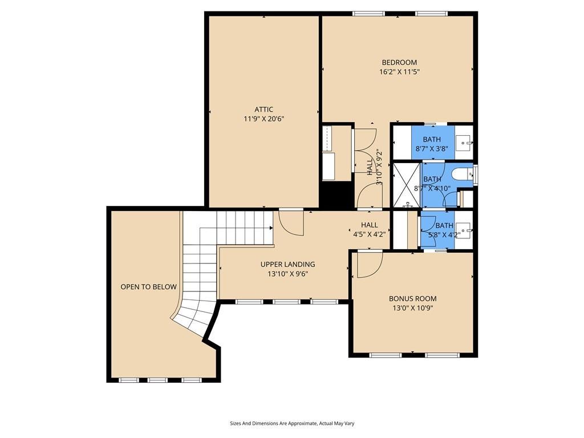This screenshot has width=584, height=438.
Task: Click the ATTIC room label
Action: [x=263, y=109]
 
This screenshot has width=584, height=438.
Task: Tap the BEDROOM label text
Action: [x=399, y=63]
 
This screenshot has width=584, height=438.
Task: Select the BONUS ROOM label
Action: [x=412, y=298]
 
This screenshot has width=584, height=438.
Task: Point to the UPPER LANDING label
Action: [x=287, y=264]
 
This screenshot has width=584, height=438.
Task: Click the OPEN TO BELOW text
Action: [x=148, y=287]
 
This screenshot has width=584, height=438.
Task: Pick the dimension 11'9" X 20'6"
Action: [x=263, y=119]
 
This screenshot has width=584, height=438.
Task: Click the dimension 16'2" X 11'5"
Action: [x=399, y=72]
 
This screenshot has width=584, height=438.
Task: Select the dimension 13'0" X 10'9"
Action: [x=412, y=308]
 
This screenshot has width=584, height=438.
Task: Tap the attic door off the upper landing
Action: [x=291, y=223]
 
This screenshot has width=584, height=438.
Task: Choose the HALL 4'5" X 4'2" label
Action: [x=370, y=229]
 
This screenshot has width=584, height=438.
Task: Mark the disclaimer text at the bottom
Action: [x=292, y=423]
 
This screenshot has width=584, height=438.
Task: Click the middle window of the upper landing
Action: [x=286, y=301]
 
